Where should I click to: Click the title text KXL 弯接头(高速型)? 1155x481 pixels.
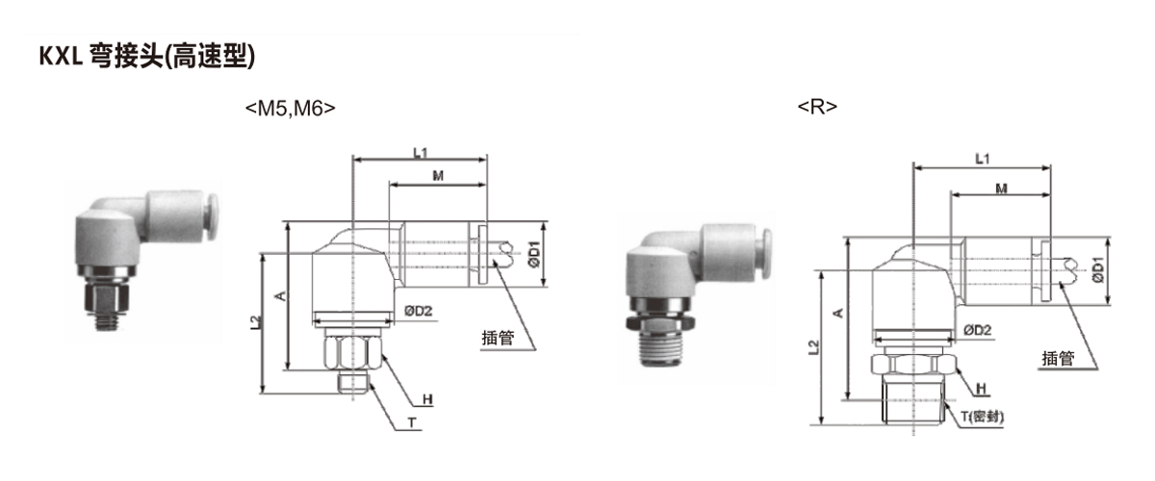(147, 56)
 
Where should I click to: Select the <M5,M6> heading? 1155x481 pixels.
(291, 109)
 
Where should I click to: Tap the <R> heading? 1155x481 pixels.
(817, 107)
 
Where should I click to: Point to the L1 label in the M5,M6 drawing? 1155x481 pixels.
(421, 153)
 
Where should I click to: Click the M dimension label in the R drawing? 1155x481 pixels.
(1001, 189)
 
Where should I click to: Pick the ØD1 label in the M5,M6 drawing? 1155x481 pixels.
(534, 254)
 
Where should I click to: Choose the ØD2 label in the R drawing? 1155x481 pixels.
(978, 330)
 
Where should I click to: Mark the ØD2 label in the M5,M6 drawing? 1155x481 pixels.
(418, 311)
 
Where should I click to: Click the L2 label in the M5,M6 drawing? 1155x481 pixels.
(256, 322)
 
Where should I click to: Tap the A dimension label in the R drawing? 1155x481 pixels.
(838, 313)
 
